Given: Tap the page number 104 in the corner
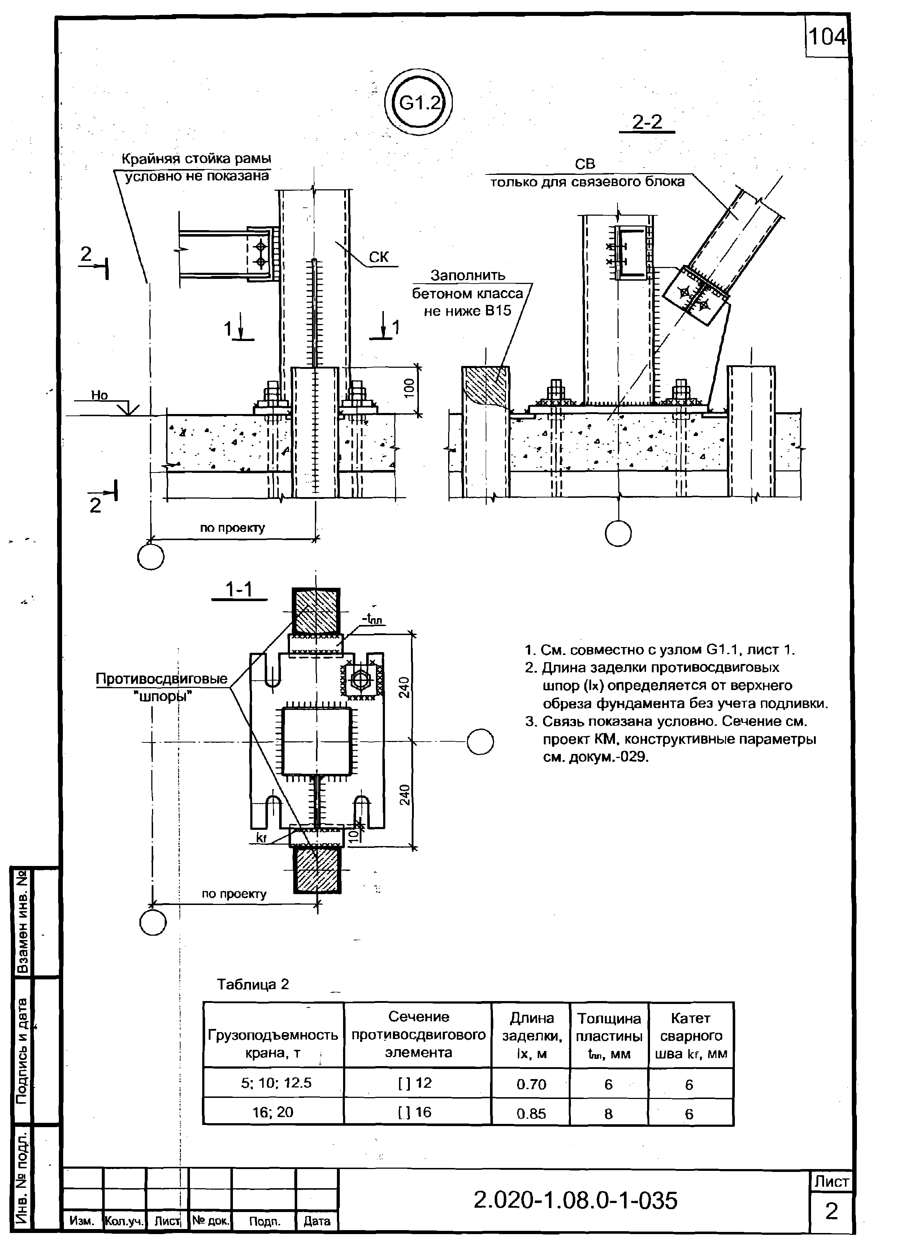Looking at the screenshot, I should pos(827,37).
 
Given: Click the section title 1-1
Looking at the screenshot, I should pos(239,590).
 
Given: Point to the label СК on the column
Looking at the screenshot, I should pos(378,256).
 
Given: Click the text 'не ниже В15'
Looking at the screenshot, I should pos(467,311).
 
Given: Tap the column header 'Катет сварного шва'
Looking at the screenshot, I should pos(690,1036).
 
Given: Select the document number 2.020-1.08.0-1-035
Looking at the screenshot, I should pos(575,1200).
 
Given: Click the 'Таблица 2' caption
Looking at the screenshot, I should pos(253,984).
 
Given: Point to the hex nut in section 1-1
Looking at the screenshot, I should pos(361,680).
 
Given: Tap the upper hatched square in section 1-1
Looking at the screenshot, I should pos(316,611).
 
